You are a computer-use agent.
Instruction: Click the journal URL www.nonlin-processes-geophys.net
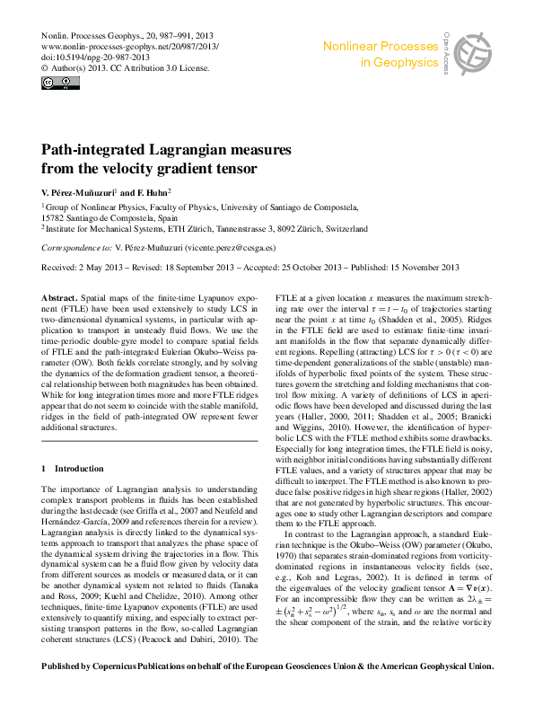130,45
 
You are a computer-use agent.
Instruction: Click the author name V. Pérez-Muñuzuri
79,192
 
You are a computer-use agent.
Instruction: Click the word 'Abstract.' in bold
60,296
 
